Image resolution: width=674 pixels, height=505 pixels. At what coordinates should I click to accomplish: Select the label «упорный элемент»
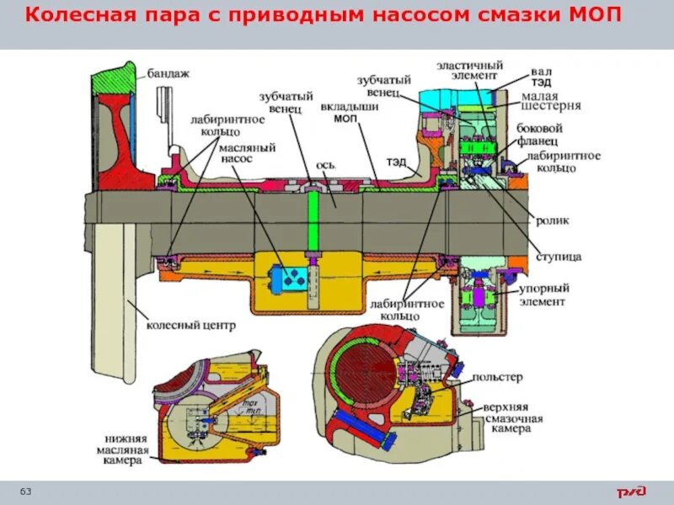pyautogui.click(x=543, y=294)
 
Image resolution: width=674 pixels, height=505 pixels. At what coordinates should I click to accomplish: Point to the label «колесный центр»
pyautogui.click(x=179, y=324)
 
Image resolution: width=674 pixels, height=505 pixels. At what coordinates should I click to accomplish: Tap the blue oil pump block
pyautogui.click(x=290, y=279)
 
